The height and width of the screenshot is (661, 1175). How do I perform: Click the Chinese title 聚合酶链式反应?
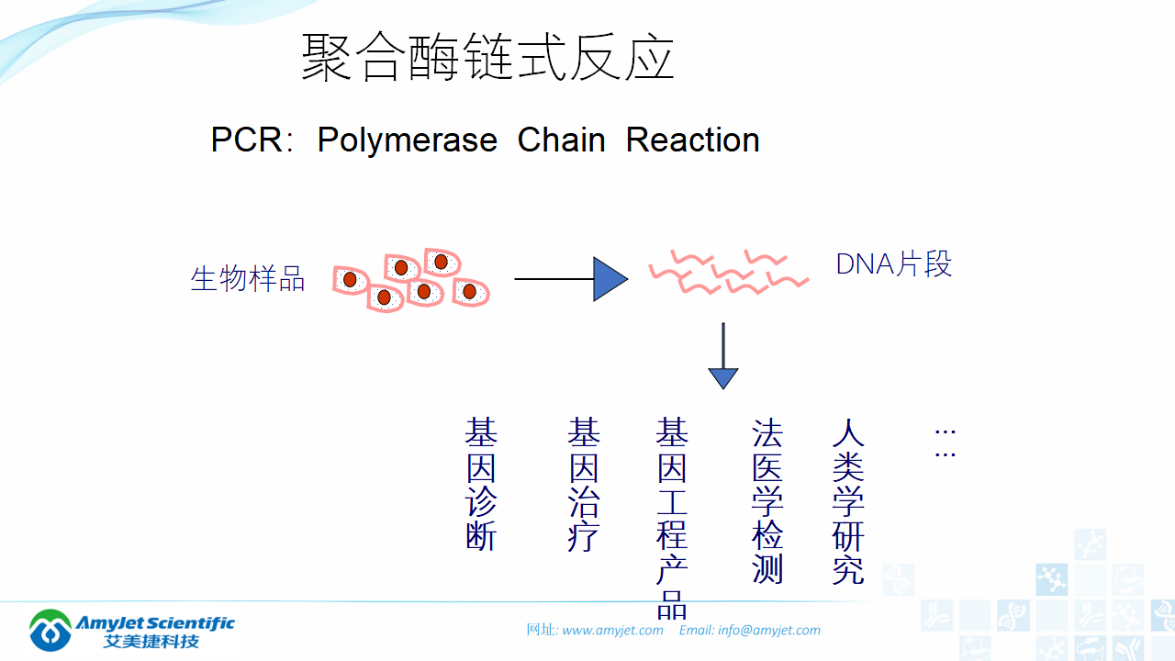(487, 58)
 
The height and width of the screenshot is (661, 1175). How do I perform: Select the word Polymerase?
(407, 140)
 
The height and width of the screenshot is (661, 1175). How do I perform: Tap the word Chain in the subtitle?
(561, 140)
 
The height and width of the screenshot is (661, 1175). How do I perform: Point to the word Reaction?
(692, 140)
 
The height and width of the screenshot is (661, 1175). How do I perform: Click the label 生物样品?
(247, 278)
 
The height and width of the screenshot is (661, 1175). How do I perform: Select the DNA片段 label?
(893, 264)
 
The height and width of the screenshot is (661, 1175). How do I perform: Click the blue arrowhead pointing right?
(609, 279)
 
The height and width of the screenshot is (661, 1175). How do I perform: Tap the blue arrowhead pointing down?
(723, 376)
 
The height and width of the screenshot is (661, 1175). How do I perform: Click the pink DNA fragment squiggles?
(728, 271)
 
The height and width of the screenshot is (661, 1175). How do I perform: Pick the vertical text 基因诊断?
(481, 484)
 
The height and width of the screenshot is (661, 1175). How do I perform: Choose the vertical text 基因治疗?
(583, 484)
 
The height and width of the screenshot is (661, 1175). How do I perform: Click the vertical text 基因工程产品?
(672, 519)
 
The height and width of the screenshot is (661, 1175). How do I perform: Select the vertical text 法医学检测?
(767, 501)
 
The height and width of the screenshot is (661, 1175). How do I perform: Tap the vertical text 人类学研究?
(848, 501)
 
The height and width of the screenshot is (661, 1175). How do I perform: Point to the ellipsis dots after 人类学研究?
(945, 442)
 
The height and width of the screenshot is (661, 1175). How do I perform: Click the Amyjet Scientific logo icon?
(50, 630)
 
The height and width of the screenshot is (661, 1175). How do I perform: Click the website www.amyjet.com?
(612, 630)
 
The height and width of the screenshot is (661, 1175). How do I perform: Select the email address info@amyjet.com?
(769, 630)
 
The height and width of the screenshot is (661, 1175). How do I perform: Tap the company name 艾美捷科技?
(151, 641)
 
